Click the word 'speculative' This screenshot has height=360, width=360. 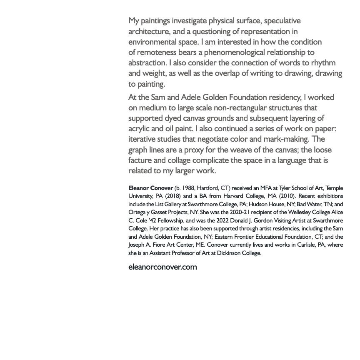[282, 21]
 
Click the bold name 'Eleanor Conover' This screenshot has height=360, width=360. [150, 188]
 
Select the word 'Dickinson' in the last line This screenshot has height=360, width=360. [230, 253]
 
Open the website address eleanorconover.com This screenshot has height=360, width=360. [162, 267]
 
